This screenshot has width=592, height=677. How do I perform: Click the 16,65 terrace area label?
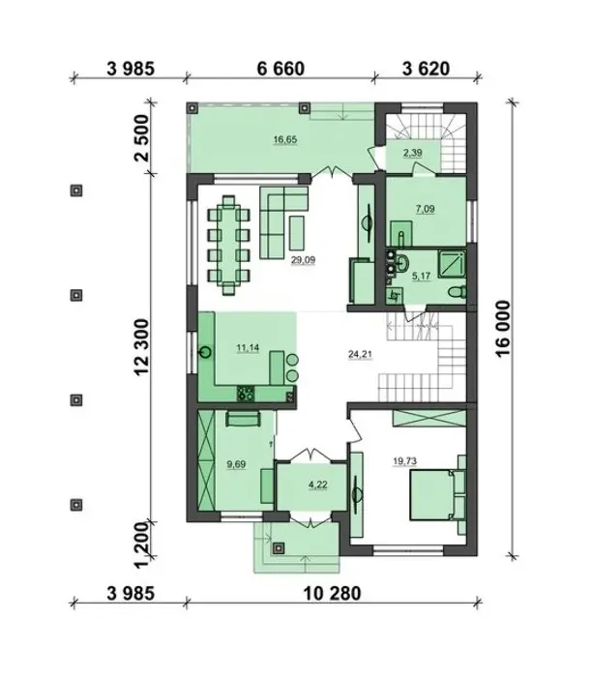coord(285,140)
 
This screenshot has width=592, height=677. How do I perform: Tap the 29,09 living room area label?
coord(303,260)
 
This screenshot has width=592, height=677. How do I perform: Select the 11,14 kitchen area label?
coord(248,348)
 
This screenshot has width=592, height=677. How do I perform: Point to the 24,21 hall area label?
coord(360,355)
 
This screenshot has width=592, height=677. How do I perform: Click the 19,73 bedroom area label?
coord(404,461)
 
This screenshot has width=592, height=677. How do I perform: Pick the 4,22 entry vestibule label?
coord(318,485)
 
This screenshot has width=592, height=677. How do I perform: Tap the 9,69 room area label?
coord(236,464)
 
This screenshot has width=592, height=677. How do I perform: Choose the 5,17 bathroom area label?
coord(422,276)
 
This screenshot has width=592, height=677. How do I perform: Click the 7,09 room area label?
coord(425,210)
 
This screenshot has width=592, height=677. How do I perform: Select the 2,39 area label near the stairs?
coord(413,153)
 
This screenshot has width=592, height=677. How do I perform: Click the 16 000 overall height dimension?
coord(503,329)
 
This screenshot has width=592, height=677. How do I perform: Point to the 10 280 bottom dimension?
coord(332,594)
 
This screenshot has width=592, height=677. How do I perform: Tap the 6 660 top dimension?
coord(281,69)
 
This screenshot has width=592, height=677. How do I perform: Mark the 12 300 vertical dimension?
coord(141,347)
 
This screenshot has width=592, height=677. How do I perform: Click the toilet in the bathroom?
coord(458,292)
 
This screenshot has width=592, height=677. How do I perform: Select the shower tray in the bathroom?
coord(453,263)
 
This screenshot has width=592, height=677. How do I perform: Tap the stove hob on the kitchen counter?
coord(246,394)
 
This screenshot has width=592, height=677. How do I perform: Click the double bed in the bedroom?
coord(431,495)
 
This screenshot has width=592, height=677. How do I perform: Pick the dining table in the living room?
coord(229,245)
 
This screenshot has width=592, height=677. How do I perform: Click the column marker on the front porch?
coord(279,548)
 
